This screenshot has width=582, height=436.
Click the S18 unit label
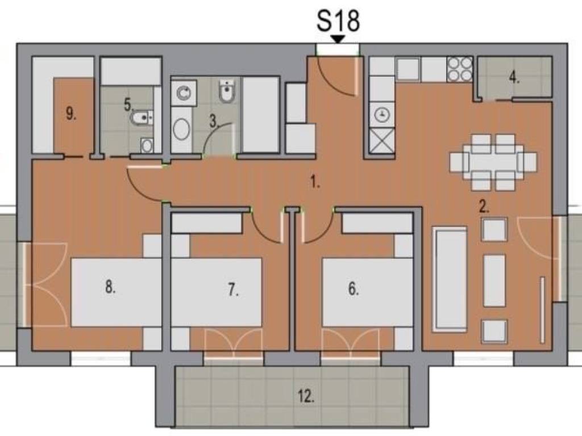coord(338,21)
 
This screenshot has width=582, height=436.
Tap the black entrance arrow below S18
coord(338,39)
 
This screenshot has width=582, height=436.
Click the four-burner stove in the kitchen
coord(459,69)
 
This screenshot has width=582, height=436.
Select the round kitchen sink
coord(382,115)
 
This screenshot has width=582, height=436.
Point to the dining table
coord(493,162)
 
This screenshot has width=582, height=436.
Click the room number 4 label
coord(514,78)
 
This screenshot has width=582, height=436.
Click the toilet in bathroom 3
coord(226,91)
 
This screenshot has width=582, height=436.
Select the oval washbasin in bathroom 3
coord(181,129)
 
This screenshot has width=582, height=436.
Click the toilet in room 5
coord(142,118)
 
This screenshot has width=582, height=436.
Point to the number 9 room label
coord(71,113)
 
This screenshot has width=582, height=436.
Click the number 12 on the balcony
coord(306,397)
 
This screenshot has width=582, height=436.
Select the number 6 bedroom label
coord(354,288)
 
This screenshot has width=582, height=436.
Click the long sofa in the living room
coord(450,279)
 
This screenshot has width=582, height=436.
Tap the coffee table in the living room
coord(494,280)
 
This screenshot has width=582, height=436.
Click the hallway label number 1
coord(315,182)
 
